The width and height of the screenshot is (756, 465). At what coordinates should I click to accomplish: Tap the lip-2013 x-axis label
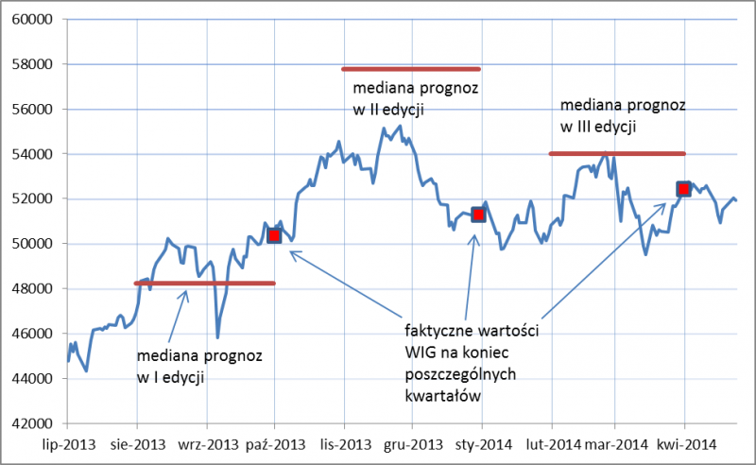pyautogui.click(x=68, y=442)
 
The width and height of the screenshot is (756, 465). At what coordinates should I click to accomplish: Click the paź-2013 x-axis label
pyautogui.click(x=275, y=442)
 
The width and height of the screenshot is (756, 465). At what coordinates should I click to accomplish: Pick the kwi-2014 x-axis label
pyautogui.click(x=684, y=442)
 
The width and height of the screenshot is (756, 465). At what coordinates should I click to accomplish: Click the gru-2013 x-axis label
pyautogui.click(x=413, y=442)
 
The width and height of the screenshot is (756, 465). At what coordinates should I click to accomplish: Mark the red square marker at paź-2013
pyautogui.click(x=275, y=235)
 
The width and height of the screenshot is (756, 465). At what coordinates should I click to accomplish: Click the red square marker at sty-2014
pyautogui.click(x=478, y=215)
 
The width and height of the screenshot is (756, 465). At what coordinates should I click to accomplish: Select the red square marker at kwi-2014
pyautogui.click(x=683, y=189)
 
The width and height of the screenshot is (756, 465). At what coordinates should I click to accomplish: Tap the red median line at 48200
pyautogui.click(x=205, y=283)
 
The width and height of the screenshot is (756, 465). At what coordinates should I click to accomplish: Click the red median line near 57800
pyautogui.click(x=411, y=69)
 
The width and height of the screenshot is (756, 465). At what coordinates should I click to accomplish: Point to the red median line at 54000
pyautogui.click(x=616, y=153)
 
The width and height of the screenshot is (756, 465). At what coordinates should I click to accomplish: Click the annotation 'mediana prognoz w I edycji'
pyautogui.click(x=199, y=368)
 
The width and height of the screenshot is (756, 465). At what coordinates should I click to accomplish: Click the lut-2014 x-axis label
pyautogui.click(x=551, y=442)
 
